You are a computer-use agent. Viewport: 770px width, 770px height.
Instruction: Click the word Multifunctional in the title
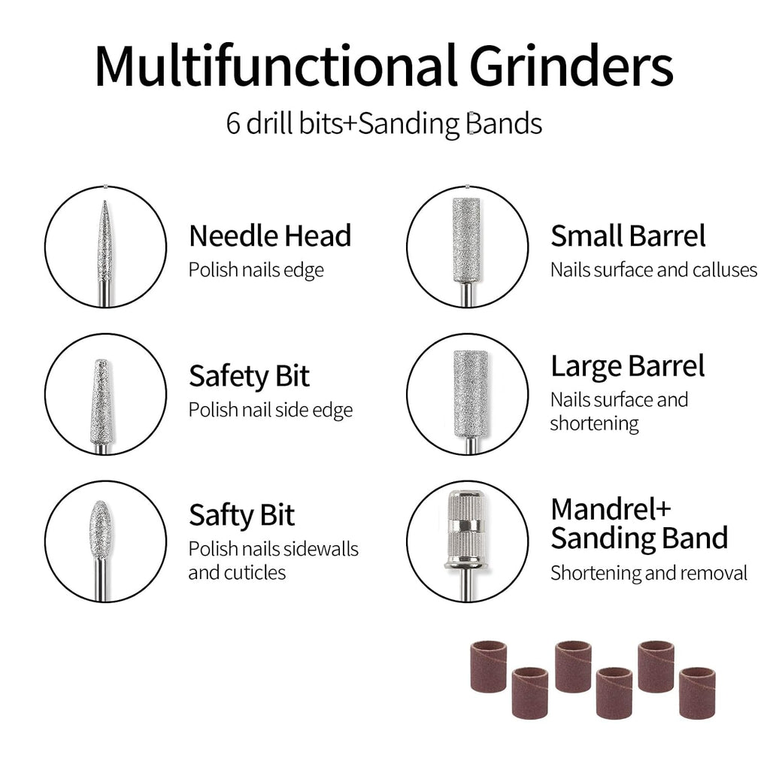[x=277, y=66]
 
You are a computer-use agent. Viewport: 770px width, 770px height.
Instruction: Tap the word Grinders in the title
[x=571, y=66]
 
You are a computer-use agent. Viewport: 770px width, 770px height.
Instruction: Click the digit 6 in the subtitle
[x=233, y=123]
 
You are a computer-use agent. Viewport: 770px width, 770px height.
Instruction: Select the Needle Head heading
[x=270, y=235]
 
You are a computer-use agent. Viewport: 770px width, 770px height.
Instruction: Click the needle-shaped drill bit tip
[x=105, y=202]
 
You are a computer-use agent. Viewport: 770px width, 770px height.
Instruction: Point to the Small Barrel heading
[x=628, y=235]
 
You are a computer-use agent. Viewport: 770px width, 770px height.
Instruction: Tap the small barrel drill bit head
[x=466, y=240]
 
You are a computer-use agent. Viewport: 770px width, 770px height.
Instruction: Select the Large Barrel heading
[x=628, y=367]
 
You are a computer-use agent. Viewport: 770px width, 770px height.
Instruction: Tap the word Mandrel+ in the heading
[x=611, y=509]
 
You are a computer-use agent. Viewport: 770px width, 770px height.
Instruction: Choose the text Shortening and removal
[x=649, y=573]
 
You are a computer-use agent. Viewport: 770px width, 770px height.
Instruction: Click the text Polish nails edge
[x=256, y=270]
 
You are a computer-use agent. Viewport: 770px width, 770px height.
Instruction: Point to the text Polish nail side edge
[x=271, y=410]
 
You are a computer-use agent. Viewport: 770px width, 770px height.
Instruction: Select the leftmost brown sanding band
[x=489, y=666]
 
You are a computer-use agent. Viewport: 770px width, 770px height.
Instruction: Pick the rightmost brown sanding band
[x=697, y=693]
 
